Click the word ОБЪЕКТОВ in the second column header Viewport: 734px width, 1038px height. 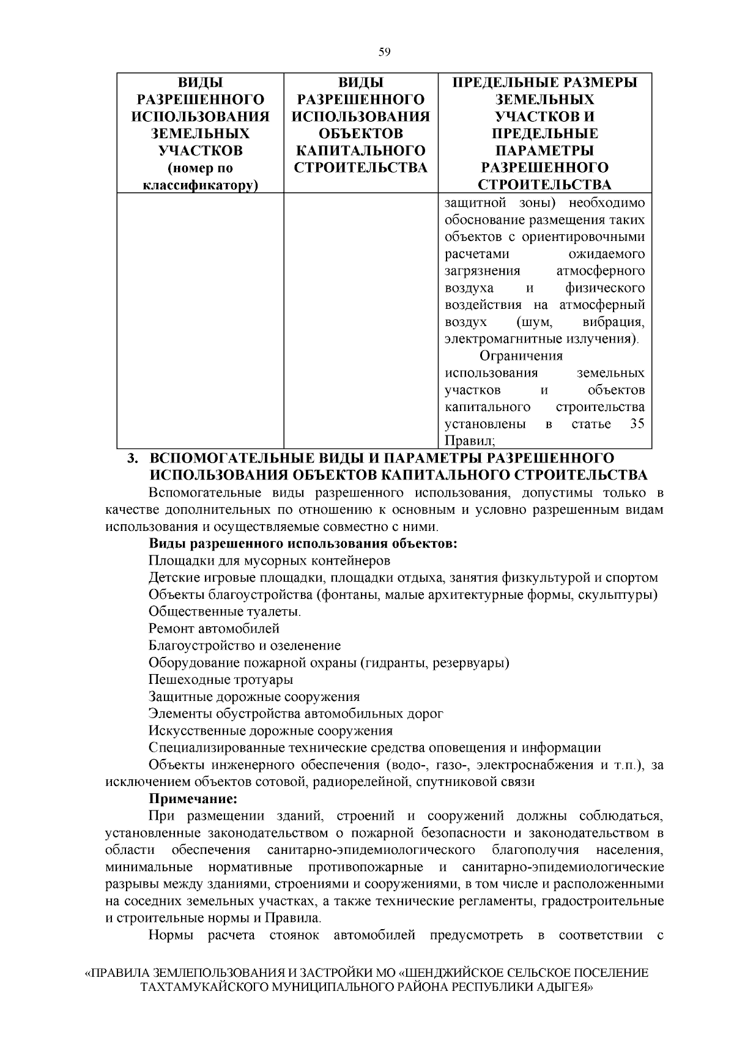click(x=361, y=133)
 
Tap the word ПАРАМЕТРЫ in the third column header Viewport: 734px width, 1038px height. click(x=544, y=150)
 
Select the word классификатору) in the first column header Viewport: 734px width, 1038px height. click(x=199, y=185)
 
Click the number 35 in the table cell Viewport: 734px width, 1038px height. click(x=637, y=424)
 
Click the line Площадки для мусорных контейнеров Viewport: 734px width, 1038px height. click(x=269, y=560)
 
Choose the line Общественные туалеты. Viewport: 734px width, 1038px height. click(x=224, y=611)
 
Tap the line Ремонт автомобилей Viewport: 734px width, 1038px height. click(x=213, y=628)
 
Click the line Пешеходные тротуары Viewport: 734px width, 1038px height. click(x=220, y=680)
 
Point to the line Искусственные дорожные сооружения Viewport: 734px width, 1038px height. click(x=270, y=730)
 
